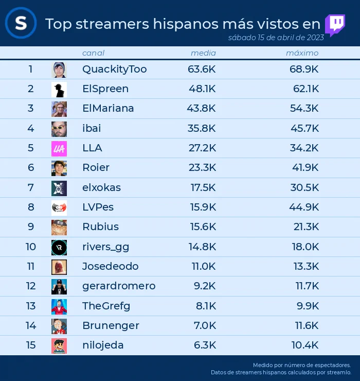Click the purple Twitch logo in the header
coord(335,25)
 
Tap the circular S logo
coord(21,23)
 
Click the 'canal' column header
coord(93,53)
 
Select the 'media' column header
coord(203,53)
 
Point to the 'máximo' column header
coord(302,53)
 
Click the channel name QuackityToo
coord(115,70)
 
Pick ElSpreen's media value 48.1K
coord(202,89)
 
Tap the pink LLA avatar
coord(59,149)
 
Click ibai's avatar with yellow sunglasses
coord(59,129)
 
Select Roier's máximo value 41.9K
coord(305,167)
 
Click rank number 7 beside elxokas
coord(30,187)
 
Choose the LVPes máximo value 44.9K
coord(304,207)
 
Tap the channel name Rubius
coord(100,227)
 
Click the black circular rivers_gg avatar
coord(59,248)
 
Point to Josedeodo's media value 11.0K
coord(204,266)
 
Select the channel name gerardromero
coord(119,286)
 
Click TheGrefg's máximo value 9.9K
coord(308,306)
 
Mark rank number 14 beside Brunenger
coord(31,325)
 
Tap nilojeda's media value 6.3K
coord(205,345)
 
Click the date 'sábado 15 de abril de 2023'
coord(276,38)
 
